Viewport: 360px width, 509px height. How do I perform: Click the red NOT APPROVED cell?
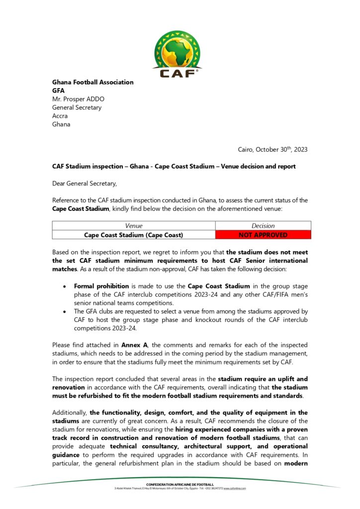263,235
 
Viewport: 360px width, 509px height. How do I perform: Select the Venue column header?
133,226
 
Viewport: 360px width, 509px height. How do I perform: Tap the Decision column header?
263,226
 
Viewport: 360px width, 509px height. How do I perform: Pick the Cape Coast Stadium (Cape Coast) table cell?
133,235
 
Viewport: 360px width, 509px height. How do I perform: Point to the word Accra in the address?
60,116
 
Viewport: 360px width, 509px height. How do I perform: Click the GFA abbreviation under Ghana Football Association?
59,90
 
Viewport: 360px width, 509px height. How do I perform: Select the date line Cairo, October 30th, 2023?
273,149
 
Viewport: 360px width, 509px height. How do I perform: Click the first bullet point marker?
65,287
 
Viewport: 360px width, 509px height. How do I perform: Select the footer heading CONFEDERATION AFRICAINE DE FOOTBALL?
180,484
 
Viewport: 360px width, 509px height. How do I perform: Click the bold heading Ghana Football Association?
93,82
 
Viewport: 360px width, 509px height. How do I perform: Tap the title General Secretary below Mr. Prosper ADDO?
77,107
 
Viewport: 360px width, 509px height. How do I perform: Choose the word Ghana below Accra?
61,124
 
